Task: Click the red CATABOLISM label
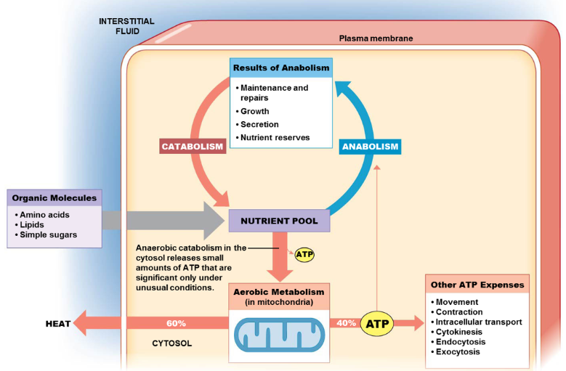[193, 147]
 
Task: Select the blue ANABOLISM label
[370, 147]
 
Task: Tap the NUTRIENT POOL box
[279, 221]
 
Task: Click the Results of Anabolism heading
[281, 68]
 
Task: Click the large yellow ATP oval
[377, 323]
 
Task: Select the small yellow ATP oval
[304, 255]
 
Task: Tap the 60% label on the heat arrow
[176, 323]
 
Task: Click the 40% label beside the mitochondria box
[345, 323]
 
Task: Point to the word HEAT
[58, 324]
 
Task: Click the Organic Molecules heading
[54, 197]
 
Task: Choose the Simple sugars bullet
[49, 235]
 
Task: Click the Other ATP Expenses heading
[477, 285]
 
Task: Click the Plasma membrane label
[376, 38]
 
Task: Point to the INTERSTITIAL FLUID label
[126, 26]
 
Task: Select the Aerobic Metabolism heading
[279, 291]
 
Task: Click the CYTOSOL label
[172, 343]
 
